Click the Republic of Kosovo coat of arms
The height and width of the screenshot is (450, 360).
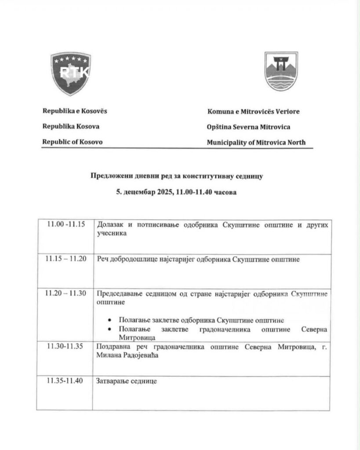(71, 73)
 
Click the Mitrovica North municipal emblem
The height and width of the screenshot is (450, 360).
(281, 71)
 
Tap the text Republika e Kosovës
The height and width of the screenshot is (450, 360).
(74, 111)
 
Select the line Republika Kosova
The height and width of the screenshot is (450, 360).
(70, 126)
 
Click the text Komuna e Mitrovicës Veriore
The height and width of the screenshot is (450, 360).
(253, 111)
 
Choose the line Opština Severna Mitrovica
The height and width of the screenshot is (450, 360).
(248, 127)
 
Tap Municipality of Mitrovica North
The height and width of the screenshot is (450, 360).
(256, 142)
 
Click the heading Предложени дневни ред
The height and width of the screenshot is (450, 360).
(176, 176)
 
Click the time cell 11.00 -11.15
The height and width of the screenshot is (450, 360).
(66, 224)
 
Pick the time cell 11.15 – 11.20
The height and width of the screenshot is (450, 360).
(66, 259)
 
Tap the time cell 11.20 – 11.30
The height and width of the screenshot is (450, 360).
(66, 293)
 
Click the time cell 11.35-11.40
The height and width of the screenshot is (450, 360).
(66, 381)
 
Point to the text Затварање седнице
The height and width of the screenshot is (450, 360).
(127, 381)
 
